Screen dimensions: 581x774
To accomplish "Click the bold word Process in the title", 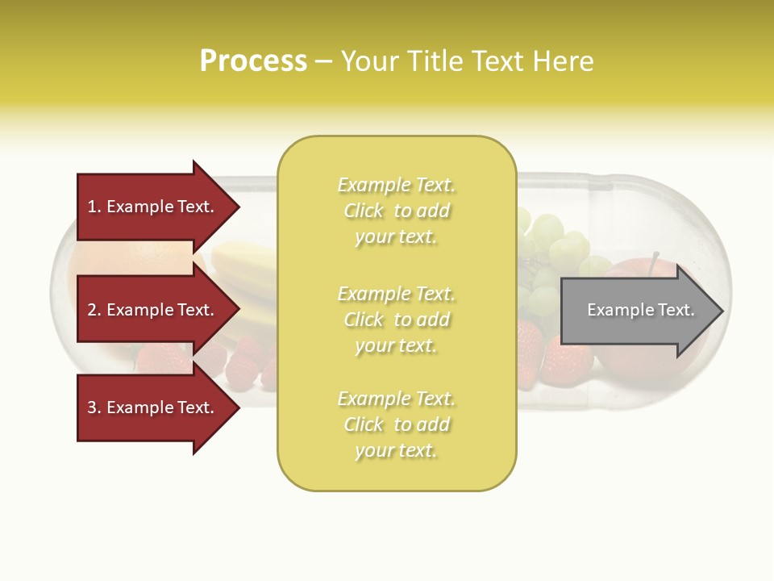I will click(253, 61).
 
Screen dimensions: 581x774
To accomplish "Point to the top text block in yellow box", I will click(397, 211).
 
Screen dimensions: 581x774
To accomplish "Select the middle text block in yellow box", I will click(397, 320).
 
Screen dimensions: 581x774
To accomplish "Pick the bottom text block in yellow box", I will click(397, 424).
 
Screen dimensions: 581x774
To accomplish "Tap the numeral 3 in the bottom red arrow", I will click(91, 408).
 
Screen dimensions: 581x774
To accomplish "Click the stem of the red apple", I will click(655, 260).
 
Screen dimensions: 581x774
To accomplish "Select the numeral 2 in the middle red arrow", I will click(91, 310).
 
